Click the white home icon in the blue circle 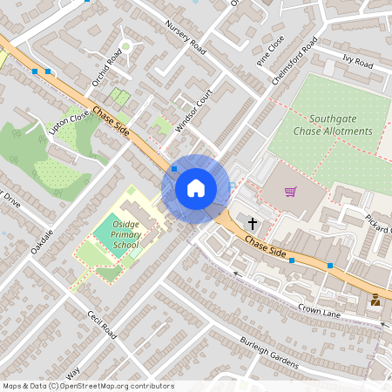(x=196, y=187)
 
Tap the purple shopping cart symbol (x=290, y=192)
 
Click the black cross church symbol (x=253, y=223)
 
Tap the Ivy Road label (x=357, y=63)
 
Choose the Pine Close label (x=271, y=54)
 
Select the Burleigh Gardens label (x=269, y=352)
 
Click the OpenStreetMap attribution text (x=88, y=386)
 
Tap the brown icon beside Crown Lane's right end (x=375, y=300)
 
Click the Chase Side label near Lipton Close (x=112, y=122)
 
